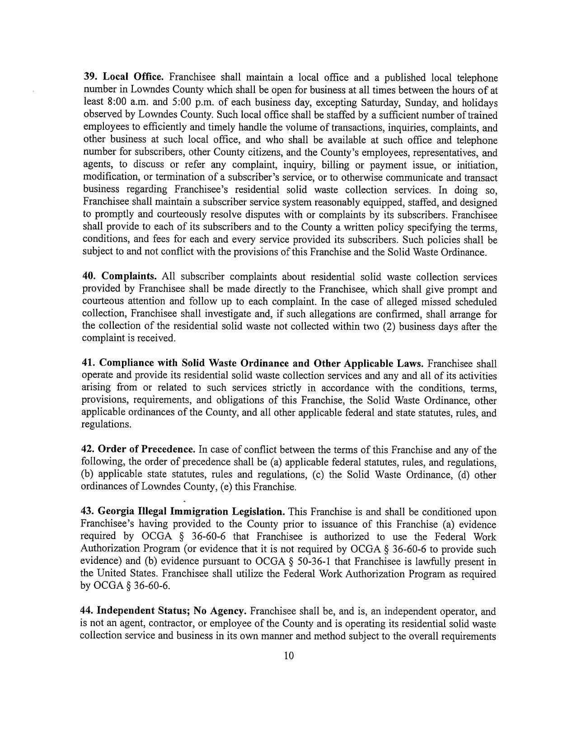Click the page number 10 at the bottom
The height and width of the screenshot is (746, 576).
289,655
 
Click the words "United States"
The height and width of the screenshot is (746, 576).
120,574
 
